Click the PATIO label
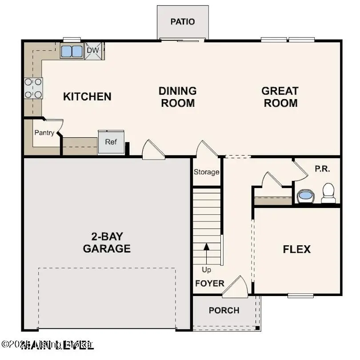tap(183, 21)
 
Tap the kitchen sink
tap(72, 51)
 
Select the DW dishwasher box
tap(93, 50)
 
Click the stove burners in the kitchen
tap(33, 88)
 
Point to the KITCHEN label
tap(87, 96)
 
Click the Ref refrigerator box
tap(111, 142)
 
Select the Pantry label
tap(44, 132)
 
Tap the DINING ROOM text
tap(177, 97)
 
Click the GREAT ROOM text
tap(280, 97)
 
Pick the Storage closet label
tap(206, 172)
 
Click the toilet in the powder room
tap(328, 193)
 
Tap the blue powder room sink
tap(305, 195)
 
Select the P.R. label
tap(322, 169)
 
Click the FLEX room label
tap(297, 249)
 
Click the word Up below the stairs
tap(206, 269)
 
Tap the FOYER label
tap(209, 283)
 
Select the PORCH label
tap(224, 310)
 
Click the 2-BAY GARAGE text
tap(107, 242)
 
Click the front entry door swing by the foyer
tap(236, 287)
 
